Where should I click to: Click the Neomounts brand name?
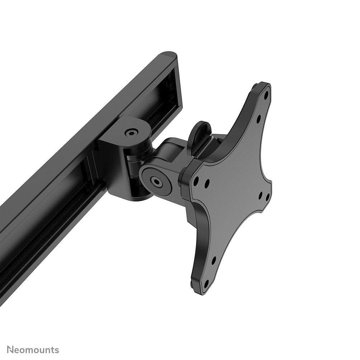33,350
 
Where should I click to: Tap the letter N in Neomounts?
10,350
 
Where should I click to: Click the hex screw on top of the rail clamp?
130,133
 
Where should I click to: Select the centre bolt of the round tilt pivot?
156,181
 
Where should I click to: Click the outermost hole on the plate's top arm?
266,97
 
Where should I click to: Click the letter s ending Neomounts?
57,350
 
